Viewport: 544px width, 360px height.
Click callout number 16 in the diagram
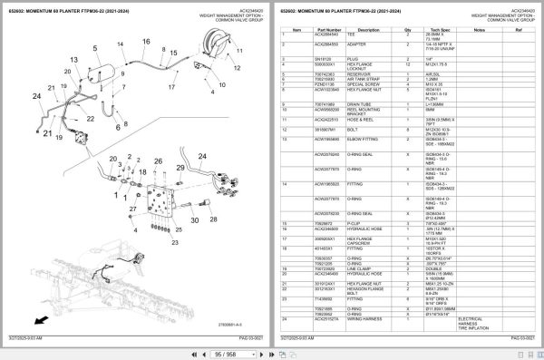145,42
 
